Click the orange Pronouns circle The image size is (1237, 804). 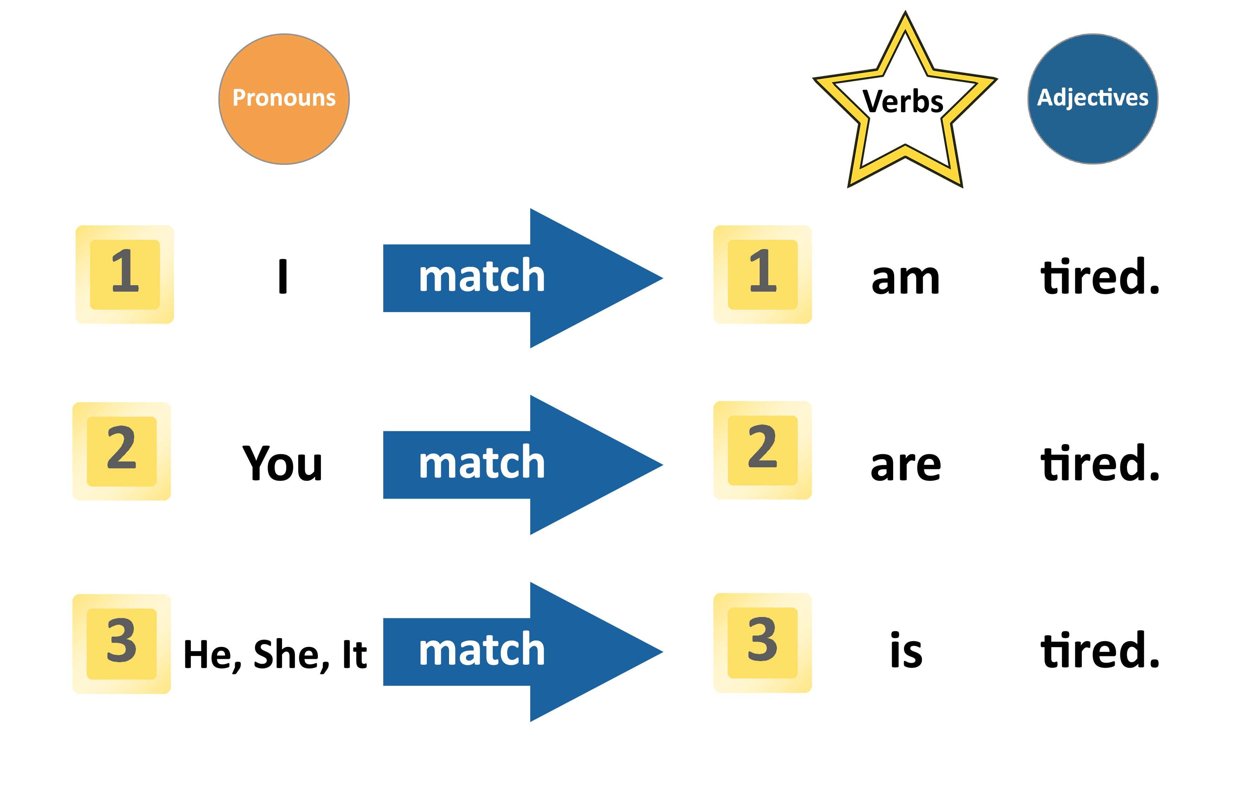coord(284,99)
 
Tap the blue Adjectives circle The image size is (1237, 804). coord(1092,99)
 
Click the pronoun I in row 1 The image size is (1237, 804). coord(283,276)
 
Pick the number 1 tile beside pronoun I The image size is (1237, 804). coord(125,275)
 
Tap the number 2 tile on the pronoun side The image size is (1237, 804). coord(122,451)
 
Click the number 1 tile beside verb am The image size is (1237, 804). coord(762,275)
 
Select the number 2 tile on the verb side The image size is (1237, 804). coord(762,450)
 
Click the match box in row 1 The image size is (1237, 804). coord(523,278)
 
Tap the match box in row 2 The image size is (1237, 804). coord(523,465)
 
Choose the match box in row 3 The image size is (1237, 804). coord(523,651)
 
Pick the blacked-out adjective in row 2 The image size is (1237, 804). coord(1099,462)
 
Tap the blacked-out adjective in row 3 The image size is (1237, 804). coord(1099,649)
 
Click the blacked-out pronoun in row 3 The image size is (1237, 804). coord(275,656)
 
